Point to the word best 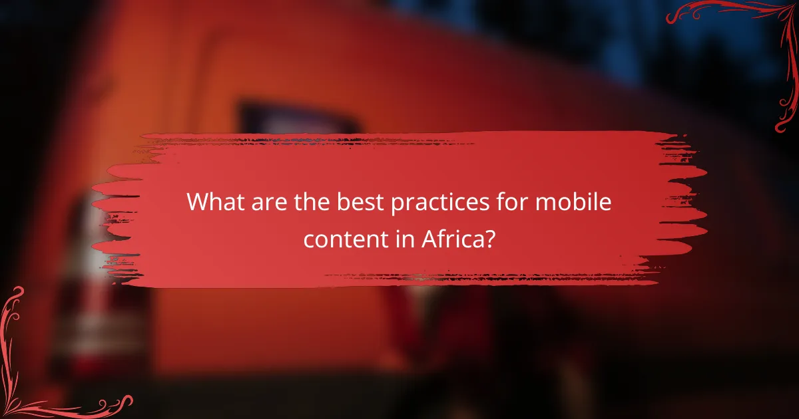(x=350, y=202)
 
